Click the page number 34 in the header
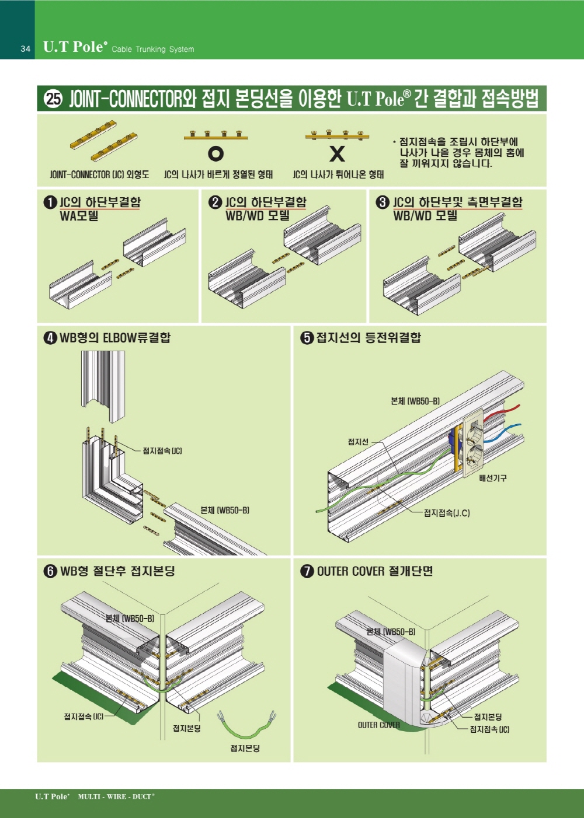coord(25,49)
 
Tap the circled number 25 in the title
coord(53,99)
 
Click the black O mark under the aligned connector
coord(215,153)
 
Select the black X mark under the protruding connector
coord(337,153)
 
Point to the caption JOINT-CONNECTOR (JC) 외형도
coord(99,174)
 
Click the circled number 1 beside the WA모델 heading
coord(50,202)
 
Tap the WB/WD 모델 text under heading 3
coord(425,215)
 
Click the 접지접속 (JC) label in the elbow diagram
coord(162,451)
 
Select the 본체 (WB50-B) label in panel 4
coord(225,511)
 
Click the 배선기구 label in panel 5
coord(493,478)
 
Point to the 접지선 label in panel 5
coord(358,442)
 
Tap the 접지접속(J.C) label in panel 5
coord(447,513)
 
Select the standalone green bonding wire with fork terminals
coord(246,726)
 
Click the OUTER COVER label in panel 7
coord(379,725)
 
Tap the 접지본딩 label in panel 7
coord(488,716)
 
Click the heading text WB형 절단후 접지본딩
coord(117,571)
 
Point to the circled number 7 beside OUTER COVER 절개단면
coord(307,571)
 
